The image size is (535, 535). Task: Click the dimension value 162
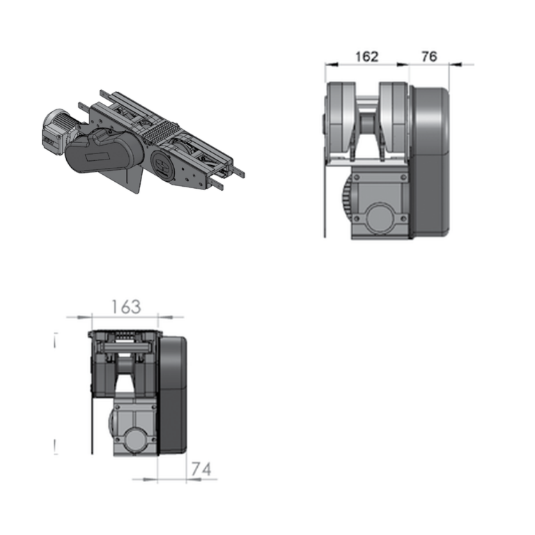(x=367, y=56)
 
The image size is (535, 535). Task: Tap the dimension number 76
(x=429, y=56)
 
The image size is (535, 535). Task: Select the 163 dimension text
(x=126, y=307)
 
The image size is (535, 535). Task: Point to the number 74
(x=201, y=469)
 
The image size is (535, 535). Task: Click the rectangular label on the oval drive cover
(x=98, y=157)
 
